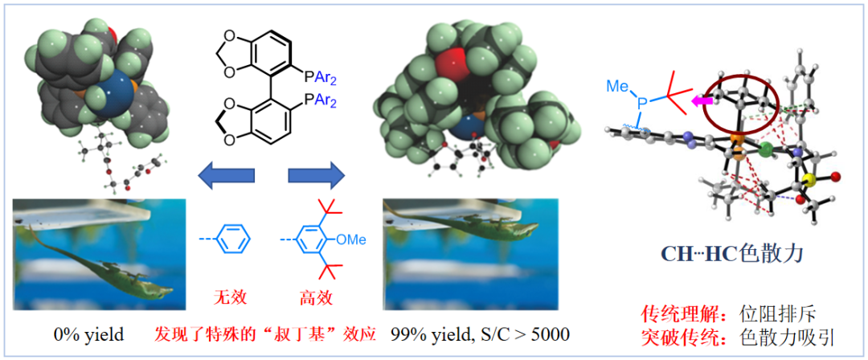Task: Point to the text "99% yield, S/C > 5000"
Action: [481, 334]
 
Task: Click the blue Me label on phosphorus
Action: [618, 88]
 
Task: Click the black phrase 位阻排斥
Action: [776, 314]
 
